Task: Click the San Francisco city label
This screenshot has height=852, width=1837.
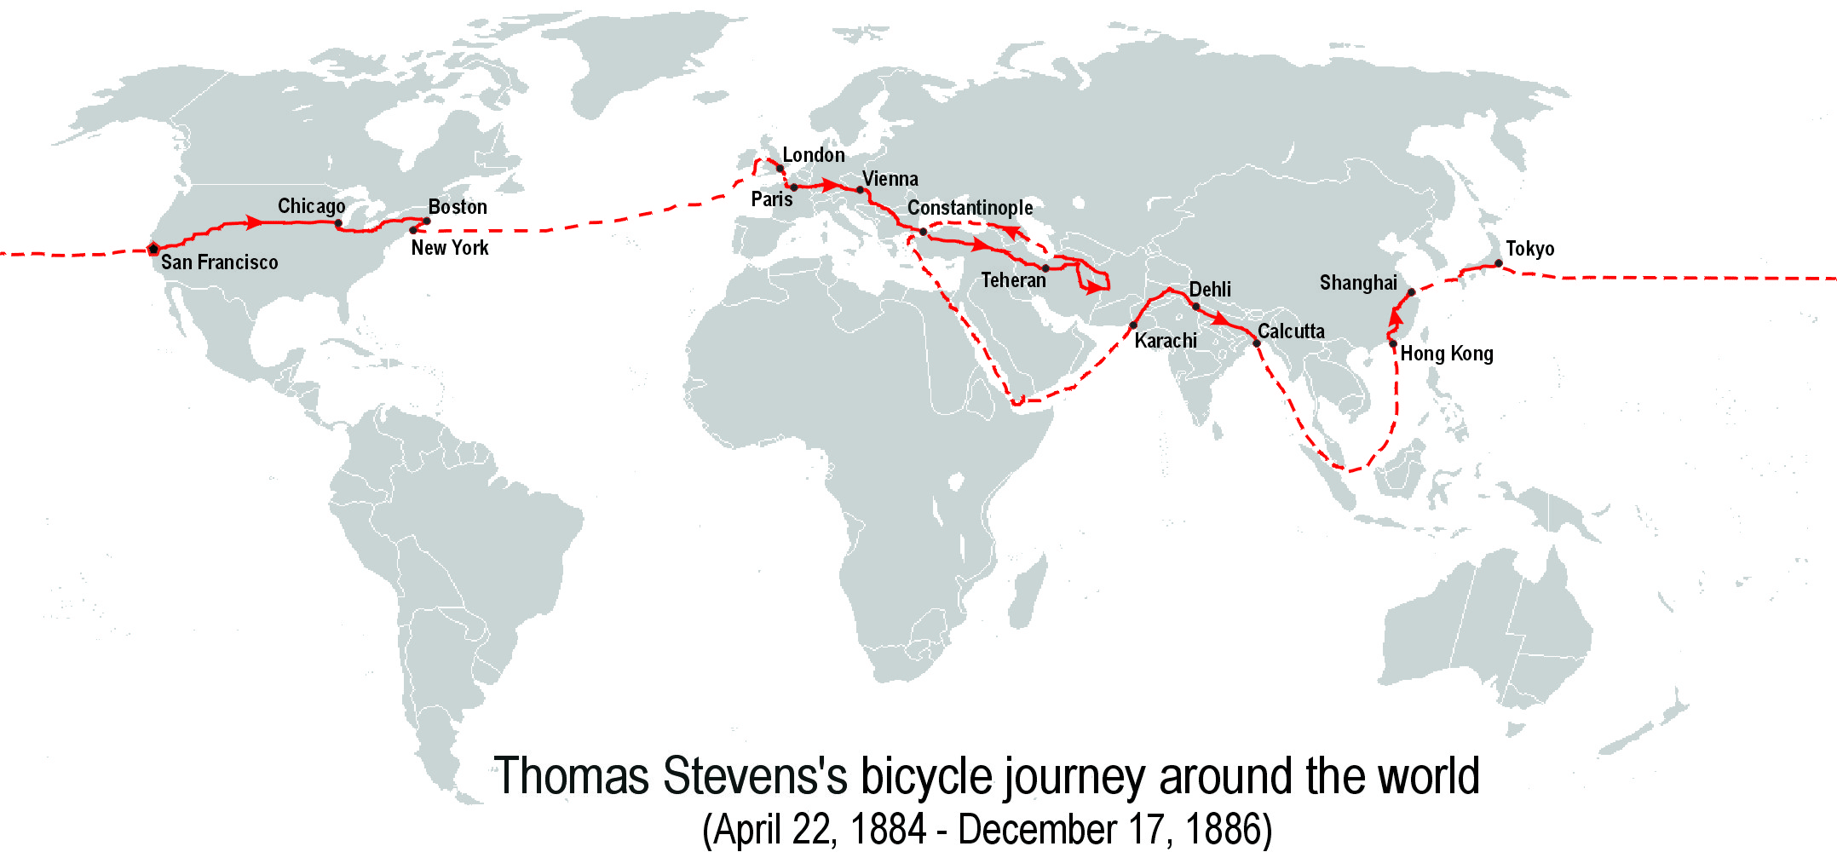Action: pos(219,262)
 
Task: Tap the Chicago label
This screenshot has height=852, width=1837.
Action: pos(311,206)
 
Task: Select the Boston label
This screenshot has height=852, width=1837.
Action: pos(458,207)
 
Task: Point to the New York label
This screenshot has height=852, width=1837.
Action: pos(450,248)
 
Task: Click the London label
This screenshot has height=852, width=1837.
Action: pos(814,155)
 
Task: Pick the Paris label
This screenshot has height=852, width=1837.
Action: pos(771,199)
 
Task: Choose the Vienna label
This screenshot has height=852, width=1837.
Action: pos(890,179)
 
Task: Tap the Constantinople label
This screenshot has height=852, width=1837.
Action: pos(970,208)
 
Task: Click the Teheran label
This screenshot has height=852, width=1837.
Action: pos(1013,280)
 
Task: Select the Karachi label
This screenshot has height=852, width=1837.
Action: pos(1166,341)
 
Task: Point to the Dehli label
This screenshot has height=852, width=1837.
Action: pos(1210,290)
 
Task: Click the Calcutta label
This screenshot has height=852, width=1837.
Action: pos(1291,331)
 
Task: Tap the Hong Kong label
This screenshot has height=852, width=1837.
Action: pos(1447,354)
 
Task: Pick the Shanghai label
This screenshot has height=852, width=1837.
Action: pos(1358,283)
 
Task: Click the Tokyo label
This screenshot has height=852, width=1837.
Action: pos(1529,249)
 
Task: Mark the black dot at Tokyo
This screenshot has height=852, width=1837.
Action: pos(1499,263)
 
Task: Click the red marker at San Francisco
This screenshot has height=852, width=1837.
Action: pos(153,250)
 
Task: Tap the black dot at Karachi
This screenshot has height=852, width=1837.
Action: pos(1133,325)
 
